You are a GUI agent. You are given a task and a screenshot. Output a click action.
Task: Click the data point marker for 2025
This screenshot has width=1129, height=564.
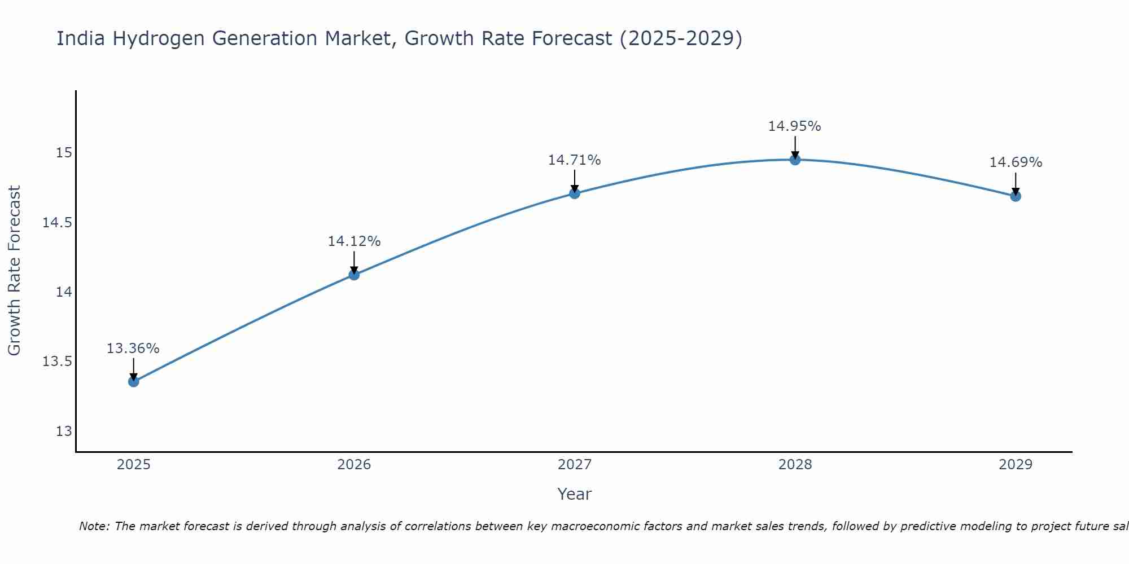(x=133, y=382)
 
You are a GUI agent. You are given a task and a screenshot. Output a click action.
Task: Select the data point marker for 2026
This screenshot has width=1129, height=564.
(x=354, y=275)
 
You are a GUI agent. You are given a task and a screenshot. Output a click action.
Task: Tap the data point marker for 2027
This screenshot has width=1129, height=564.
(x=575, y=193)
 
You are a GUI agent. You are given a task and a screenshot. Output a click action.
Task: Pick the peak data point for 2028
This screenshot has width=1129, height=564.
(x=795, y=160)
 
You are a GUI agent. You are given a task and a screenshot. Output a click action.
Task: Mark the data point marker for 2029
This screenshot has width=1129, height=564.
(x=1016, y=196)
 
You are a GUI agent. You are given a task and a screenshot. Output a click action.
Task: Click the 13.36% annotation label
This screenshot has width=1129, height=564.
(x=133, y=349)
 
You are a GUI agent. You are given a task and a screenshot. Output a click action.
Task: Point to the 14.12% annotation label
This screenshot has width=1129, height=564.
(x=354, y=241)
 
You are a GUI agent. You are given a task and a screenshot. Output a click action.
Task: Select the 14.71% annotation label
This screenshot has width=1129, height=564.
(x=575, y=160)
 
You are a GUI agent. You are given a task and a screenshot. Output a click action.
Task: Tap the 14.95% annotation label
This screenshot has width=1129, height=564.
(x=795, y=126)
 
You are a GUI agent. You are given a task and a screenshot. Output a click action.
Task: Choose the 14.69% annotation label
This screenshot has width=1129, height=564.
(x=1016, y=162)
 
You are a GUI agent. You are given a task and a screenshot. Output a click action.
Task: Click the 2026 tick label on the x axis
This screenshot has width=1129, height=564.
(x=354, y=465)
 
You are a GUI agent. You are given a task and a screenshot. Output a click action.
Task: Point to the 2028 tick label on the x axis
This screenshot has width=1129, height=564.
(x=795, y=465)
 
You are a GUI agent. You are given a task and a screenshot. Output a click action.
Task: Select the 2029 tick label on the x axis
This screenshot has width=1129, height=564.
(x=1016, y=465)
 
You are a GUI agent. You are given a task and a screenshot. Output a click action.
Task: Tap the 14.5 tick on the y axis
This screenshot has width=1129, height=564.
(x=57, y=223)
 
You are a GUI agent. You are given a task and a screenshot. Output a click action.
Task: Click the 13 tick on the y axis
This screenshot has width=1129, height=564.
(x=64, y=431)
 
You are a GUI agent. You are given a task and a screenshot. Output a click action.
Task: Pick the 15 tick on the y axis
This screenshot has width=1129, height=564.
(x=64, y=153)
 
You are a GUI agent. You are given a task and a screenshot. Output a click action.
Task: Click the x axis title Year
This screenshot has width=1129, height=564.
(x=574, y=494)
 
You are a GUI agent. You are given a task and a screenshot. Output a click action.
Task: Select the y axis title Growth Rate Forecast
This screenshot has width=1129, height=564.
(x=14, y=271)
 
